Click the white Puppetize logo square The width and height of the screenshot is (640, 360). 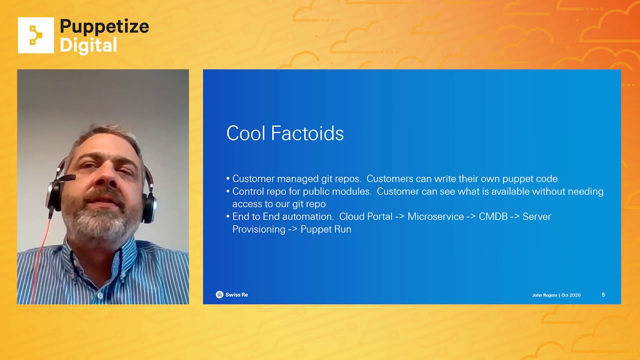tap(35, 35)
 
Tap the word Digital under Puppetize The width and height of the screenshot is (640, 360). tap(88, 45)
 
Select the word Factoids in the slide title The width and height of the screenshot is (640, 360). tap(307, 133)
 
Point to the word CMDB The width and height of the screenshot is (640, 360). tap(493, 216)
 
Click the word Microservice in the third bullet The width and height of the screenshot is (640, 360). tap(435, 216)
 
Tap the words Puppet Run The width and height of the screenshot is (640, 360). tap(326, 229)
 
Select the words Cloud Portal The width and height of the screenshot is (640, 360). tap(365, 216)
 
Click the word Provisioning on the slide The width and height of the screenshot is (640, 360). tap(259, 229)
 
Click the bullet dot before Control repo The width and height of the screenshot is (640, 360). tap(228, 191)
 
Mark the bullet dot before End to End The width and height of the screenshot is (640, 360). tap(228, 216)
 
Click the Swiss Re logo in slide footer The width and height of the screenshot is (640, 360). tap(231, 294)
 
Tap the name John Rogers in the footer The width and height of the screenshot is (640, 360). tap(544, 295)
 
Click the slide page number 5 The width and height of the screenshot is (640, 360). tap(603, 294)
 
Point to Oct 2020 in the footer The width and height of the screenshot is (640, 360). tap(571, 295)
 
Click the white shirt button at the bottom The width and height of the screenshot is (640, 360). tap(99, 296)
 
